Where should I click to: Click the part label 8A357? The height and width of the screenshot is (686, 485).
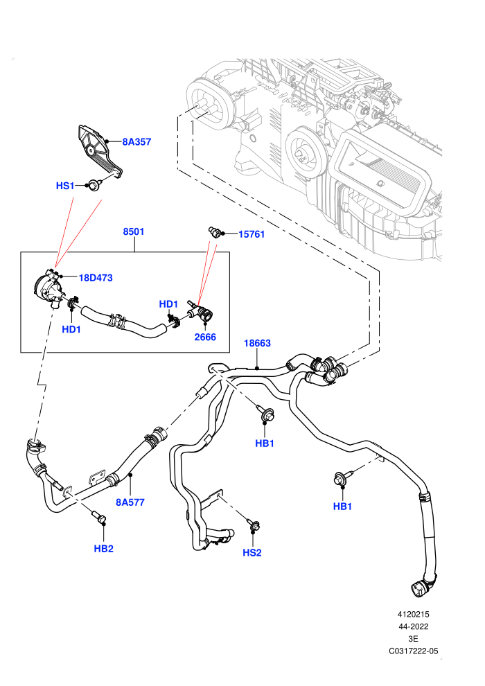(136, 142)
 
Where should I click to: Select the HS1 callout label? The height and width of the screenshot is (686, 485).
(65, 186)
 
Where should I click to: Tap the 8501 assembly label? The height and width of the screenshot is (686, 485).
(134, 231)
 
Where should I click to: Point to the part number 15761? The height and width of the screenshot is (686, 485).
(252, 234)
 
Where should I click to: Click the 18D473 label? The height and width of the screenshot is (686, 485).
(96, 278)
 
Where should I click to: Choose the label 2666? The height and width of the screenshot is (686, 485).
(205, 337)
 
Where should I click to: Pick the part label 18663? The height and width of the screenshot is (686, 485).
(257, 343)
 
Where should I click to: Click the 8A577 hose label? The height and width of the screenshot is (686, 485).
(130, 502)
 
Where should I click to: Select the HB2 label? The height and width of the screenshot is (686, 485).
(104, 549)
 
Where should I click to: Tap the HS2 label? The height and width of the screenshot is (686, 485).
(252, 552)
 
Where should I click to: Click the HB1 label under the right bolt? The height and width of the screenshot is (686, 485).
(342, 507)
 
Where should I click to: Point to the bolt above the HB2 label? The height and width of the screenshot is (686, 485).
(99, 517)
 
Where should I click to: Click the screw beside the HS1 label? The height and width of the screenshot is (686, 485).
(94, 184)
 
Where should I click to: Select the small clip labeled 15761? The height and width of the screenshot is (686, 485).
(214, 231)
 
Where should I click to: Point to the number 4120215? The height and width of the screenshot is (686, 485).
(413, 614)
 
